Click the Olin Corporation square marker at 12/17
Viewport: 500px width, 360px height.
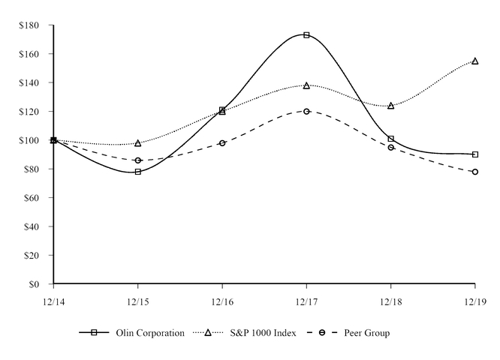point(306,35)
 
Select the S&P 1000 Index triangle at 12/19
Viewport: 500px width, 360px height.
point(474,61)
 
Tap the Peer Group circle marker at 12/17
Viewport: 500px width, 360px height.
point(306,111)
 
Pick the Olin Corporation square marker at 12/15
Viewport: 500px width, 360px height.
point(138,172)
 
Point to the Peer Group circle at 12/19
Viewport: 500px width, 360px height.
point(474,172)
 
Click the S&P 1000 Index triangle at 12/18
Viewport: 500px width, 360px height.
point(390,106)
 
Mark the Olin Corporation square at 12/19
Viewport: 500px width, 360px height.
point(474,154)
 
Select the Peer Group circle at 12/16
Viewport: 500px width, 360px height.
point(222,142)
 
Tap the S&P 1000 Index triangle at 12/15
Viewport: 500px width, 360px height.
point(138,142)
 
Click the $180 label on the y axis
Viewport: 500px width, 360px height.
point(29,25)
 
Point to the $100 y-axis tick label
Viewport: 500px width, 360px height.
point(29,140)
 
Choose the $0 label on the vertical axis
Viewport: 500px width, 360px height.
point(34,284)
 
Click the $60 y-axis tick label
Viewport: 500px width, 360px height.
point(32,198)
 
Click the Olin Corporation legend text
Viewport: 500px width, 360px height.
point(150,333)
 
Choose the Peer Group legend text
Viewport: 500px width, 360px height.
point(366,333)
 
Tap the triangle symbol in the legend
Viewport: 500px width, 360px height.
point(208,332)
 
